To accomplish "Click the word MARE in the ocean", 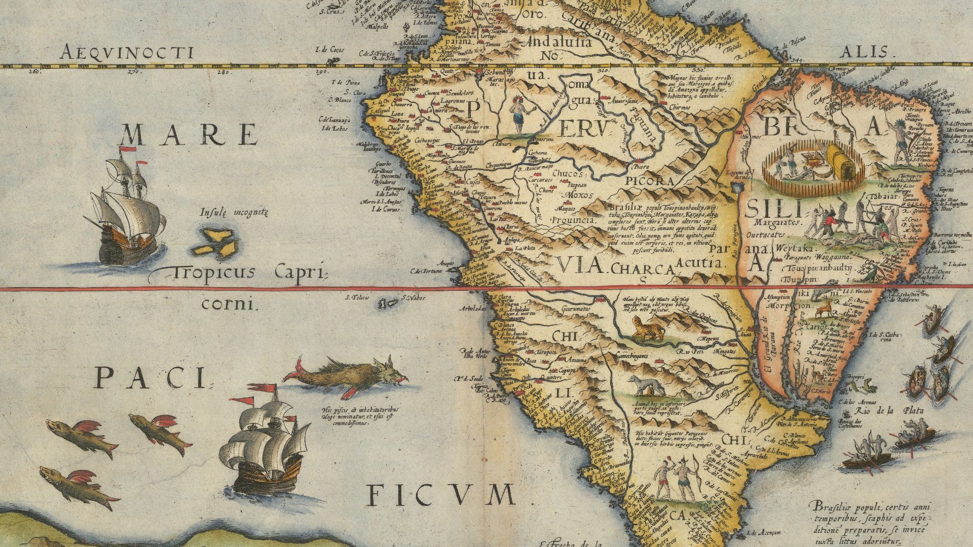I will tap(189, 135).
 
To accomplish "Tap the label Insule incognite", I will tap(234, 212).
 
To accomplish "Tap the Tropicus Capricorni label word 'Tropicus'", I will tap(212, 273).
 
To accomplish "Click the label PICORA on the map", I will tap(649, 181).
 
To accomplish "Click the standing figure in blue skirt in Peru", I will tap(518, 114).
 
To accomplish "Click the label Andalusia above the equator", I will tap(560, 42).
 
